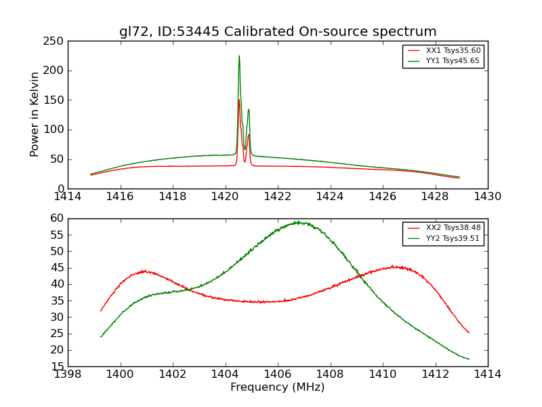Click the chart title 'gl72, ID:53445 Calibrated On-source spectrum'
pos(278,32)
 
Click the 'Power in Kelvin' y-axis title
pos(35,115)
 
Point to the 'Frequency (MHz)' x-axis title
pos(278,387)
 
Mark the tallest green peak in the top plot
pos(239,56)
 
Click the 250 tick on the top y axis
pos(56,41)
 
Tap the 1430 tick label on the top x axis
pos(488,197)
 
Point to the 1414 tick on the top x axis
pos(68,197)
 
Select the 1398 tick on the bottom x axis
pos(68,374)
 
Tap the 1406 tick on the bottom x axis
pos(278,374)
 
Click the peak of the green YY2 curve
pos(297,222)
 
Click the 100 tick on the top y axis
pos(56,130)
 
